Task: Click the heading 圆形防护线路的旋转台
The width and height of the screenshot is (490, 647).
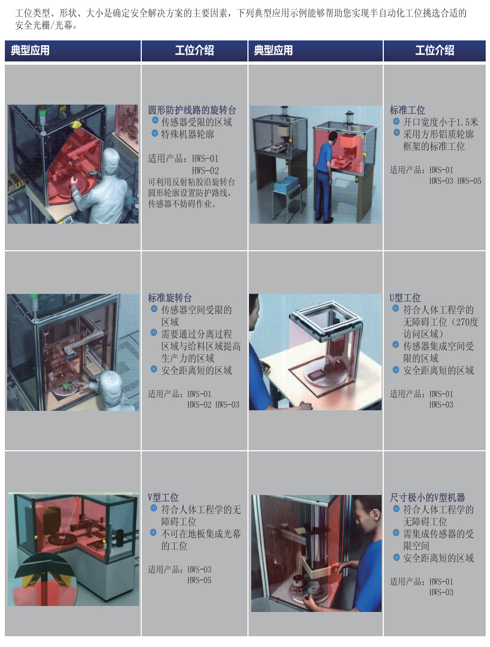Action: point(192,110)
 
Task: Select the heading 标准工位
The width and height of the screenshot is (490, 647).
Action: point(407,110)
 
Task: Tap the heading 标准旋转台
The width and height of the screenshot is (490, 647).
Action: point(170,298)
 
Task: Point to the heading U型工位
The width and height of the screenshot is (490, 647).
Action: point(405,298)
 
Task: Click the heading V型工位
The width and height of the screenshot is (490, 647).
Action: point(163,498)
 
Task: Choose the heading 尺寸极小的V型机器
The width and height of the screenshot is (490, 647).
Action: point(427,498)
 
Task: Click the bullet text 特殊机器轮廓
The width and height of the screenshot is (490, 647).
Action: point(188,134)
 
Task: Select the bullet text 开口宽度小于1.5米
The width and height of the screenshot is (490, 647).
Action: point(440,122)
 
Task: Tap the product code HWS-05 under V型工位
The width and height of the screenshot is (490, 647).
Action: point(199,580)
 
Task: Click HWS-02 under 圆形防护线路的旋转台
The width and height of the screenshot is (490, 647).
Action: point(205,171)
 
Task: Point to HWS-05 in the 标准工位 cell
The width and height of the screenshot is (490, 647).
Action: point(469,181)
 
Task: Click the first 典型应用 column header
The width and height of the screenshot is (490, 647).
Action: point(30,50)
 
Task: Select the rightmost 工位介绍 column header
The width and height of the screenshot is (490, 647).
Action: point(434,50)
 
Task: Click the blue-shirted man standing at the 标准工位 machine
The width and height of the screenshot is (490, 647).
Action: point(325,177)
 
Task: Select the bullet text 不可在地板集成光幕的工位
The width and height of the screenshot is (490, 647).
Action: point(201,540)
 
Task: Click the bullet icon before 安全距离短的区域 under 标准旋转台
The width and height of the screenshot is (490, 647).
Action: point(154,369)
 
